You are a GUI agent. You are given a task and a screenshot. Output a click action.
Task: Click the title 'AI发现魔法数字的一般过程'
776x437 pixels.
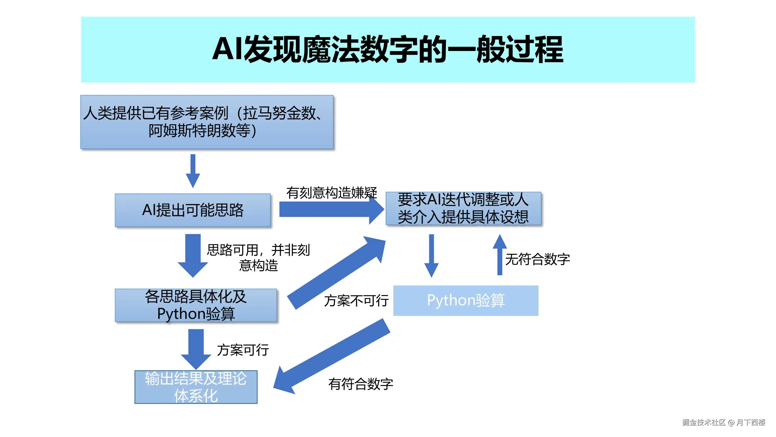[x=387, y=49]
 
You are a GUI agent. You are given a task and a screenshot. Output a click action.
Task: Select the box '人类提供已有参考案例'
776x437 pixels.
[x=207, y=122]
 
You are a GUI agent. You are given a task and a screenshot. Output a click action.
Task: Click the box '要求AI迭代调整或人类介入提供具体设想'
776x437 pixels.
[x=463, y=208]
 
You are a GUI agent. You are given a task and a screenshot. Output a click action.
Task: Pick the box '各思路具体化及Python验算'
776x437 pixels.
[x=196, y=305]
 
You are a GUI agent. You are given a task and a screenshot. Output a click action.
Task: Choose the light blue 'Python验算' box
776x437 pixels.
[x=466, y=300]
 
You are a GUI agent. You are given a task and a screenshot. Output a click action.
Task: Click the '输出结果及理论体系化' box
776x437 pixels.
[x=196, y=387]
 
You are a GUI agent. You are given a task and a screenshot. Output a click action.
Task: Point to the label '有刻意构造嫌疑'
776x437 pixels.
[x=331, y=193]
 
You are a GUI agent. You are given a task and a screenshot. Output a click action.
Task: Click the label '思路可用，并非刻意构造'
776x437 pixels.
[x=258, y=258]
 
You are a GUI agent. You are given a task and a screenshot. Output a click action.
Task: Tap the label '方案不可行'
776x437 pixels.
[x=356, y=301]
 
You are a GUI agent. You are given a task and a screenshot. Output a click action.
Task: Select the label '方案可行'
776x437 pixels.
[x=243, y=350]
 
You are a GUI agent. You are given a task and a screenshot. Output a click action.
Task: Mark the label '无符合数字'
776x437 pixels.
[x=537, y=259]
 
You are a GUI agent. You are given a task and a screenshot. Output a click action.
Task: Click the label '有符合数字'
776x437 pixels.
[x=361, y=384]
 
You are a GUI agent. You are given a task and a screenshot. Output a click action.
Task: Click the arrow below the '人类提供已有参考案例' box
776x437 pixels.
[x=193, y=171]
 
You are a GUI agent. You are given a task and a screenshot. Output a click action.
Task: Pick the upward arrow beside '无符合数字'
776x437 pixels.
[x=500, y=255]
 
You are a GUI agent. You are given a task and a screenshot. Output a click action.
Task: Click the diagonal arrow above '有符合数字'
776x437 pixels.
[x=331, y=357]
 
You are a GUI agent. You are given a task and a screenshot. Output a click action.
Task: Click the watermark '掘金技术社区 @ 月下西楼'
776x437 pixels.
[x=723, y=422]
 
